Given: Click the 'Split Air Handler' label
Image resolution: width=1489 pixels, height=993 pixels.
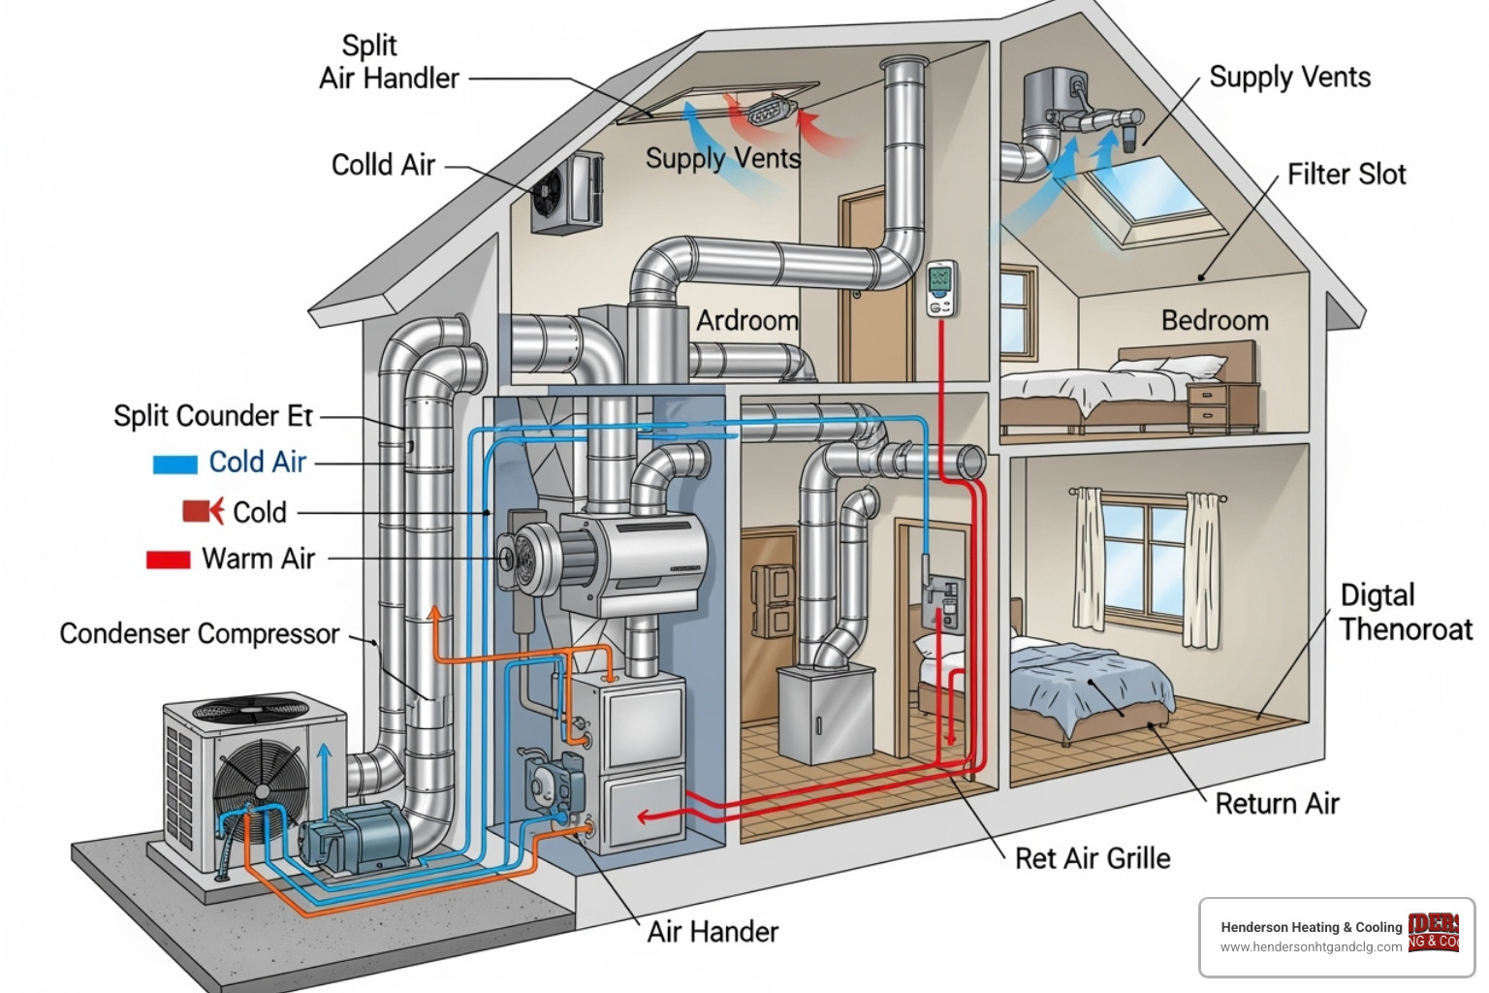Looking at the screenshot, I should click(389, 62).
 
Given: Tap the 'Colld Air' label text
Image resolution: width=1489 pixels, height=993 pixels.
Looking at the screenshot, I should click(383, 165).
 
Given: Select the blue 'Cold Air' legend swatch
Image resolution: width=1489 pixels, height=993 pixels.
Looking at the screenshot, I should click(174, 464).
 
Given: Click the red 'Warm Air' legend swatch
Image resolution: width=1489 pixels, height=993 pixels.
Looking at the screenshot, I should click(168, 560).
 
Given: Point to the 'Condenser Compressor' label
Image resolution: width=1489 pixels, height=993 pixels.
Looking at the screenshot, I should click(199, 633).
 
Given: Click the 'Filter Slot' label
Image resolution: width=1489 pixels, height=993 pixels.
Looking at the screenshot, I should click(1346, 175).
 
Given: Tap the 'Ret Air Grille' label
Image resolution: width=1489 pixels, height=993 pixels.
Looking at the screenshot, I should click(1092, 858).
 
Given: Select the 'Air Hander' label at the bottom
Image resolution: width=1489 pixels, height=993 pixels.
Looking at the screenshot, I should click(713, 932).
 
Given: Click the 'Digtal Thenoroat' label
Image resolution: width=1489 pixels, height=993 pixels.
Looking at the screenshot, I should click(1405, 612).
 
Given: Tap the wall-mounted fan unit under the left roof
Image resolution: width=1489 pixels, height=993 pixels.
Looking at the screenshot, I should click(566, 193).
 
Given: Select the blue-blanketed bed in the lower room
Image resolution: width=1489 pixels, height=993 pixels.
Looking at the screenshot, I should click(1087, 684).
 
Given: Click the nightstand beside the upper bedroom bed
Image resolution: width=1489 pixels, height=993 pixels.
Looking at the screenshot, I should click(1223, 406).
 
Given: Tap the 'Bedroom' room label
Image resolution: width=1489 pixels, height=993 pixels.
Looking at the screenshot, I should click(1214, 321).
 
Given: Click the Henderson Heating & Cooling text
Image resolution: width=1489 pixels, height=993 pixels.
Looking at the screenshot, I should click(1311, 927).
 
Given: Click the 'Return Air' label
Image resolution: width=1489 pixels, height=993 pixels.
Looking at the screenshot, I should click(1276, 804).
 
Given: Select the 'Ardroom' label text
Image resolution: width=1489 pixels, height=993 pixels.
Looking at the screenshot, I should click(746, 321).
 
